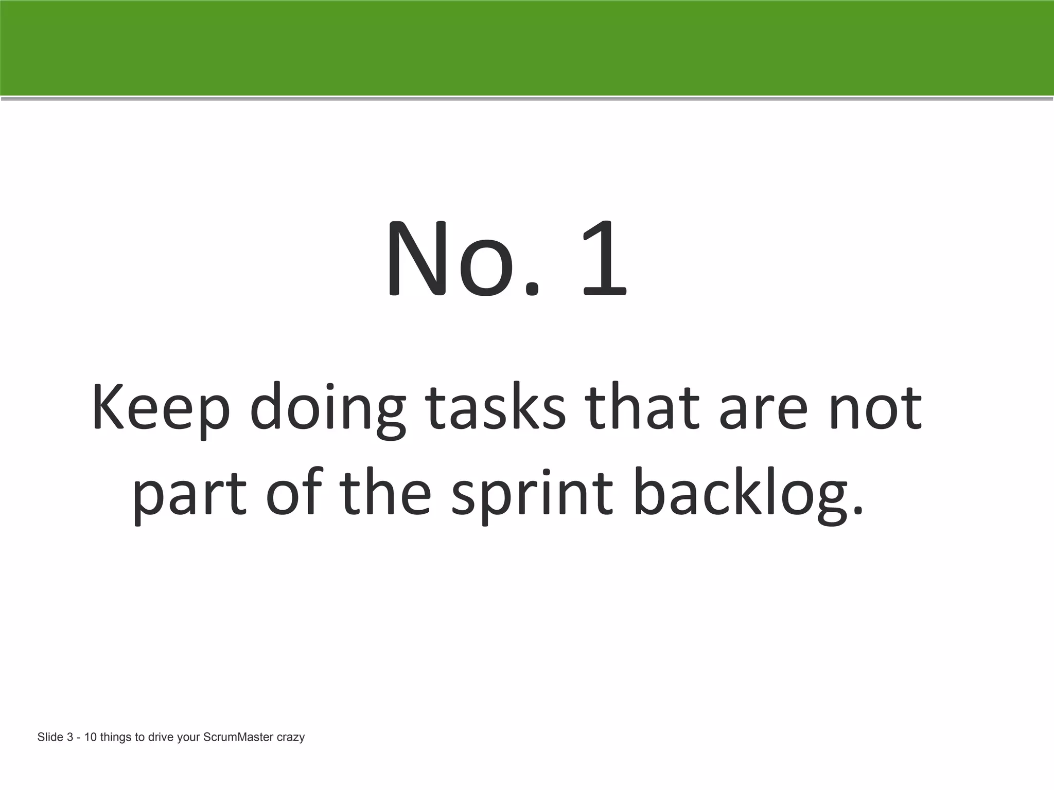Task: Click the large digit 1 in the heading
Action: point(605,260)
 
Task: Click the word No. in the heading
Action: point(463,260)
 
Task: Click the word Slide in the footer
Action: point(50,738)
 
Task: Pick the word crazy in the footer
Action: point(291,738)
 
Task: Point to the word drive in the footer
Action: point(161,738)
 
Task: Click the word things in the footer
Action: point(116,738)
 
